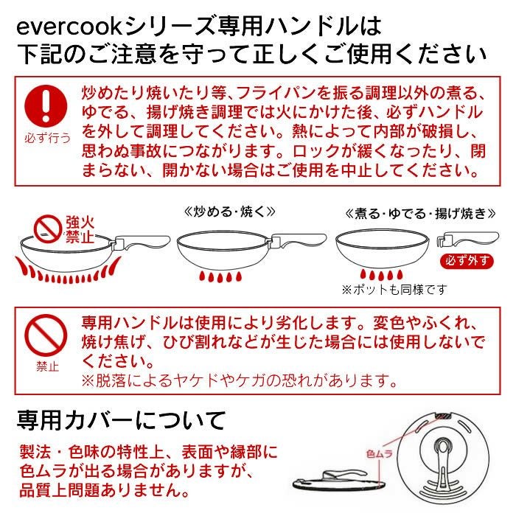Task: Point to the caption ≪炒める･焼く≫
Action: point(229,211)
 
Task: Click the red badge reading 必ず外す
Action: point(466,260)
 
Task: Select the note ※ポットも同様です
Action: point(394,289)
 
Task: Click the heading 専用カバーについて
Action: point(121,421)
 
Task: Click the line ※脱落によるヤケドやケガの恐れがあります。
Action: point(240,381)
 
